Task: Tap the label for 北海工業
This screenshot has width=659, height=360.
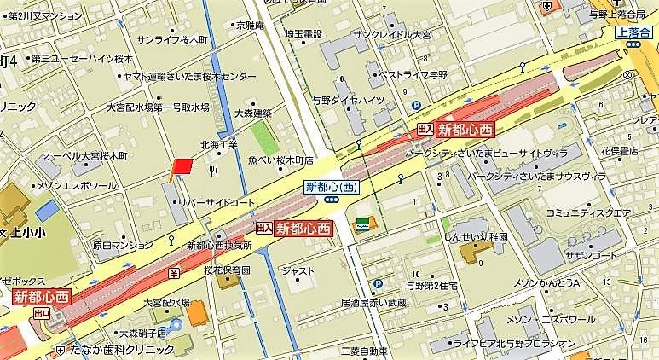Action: [218, 144]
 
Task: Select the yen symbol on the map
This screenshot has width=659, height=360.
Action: [174, 273]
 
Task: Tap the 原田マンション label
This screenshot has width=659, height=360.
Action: [119, 245]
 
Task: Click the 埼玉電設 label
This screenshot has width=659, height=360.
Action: [304, 34]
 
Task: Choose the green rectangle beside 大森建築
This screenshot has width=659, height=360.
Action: [262, 135]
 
